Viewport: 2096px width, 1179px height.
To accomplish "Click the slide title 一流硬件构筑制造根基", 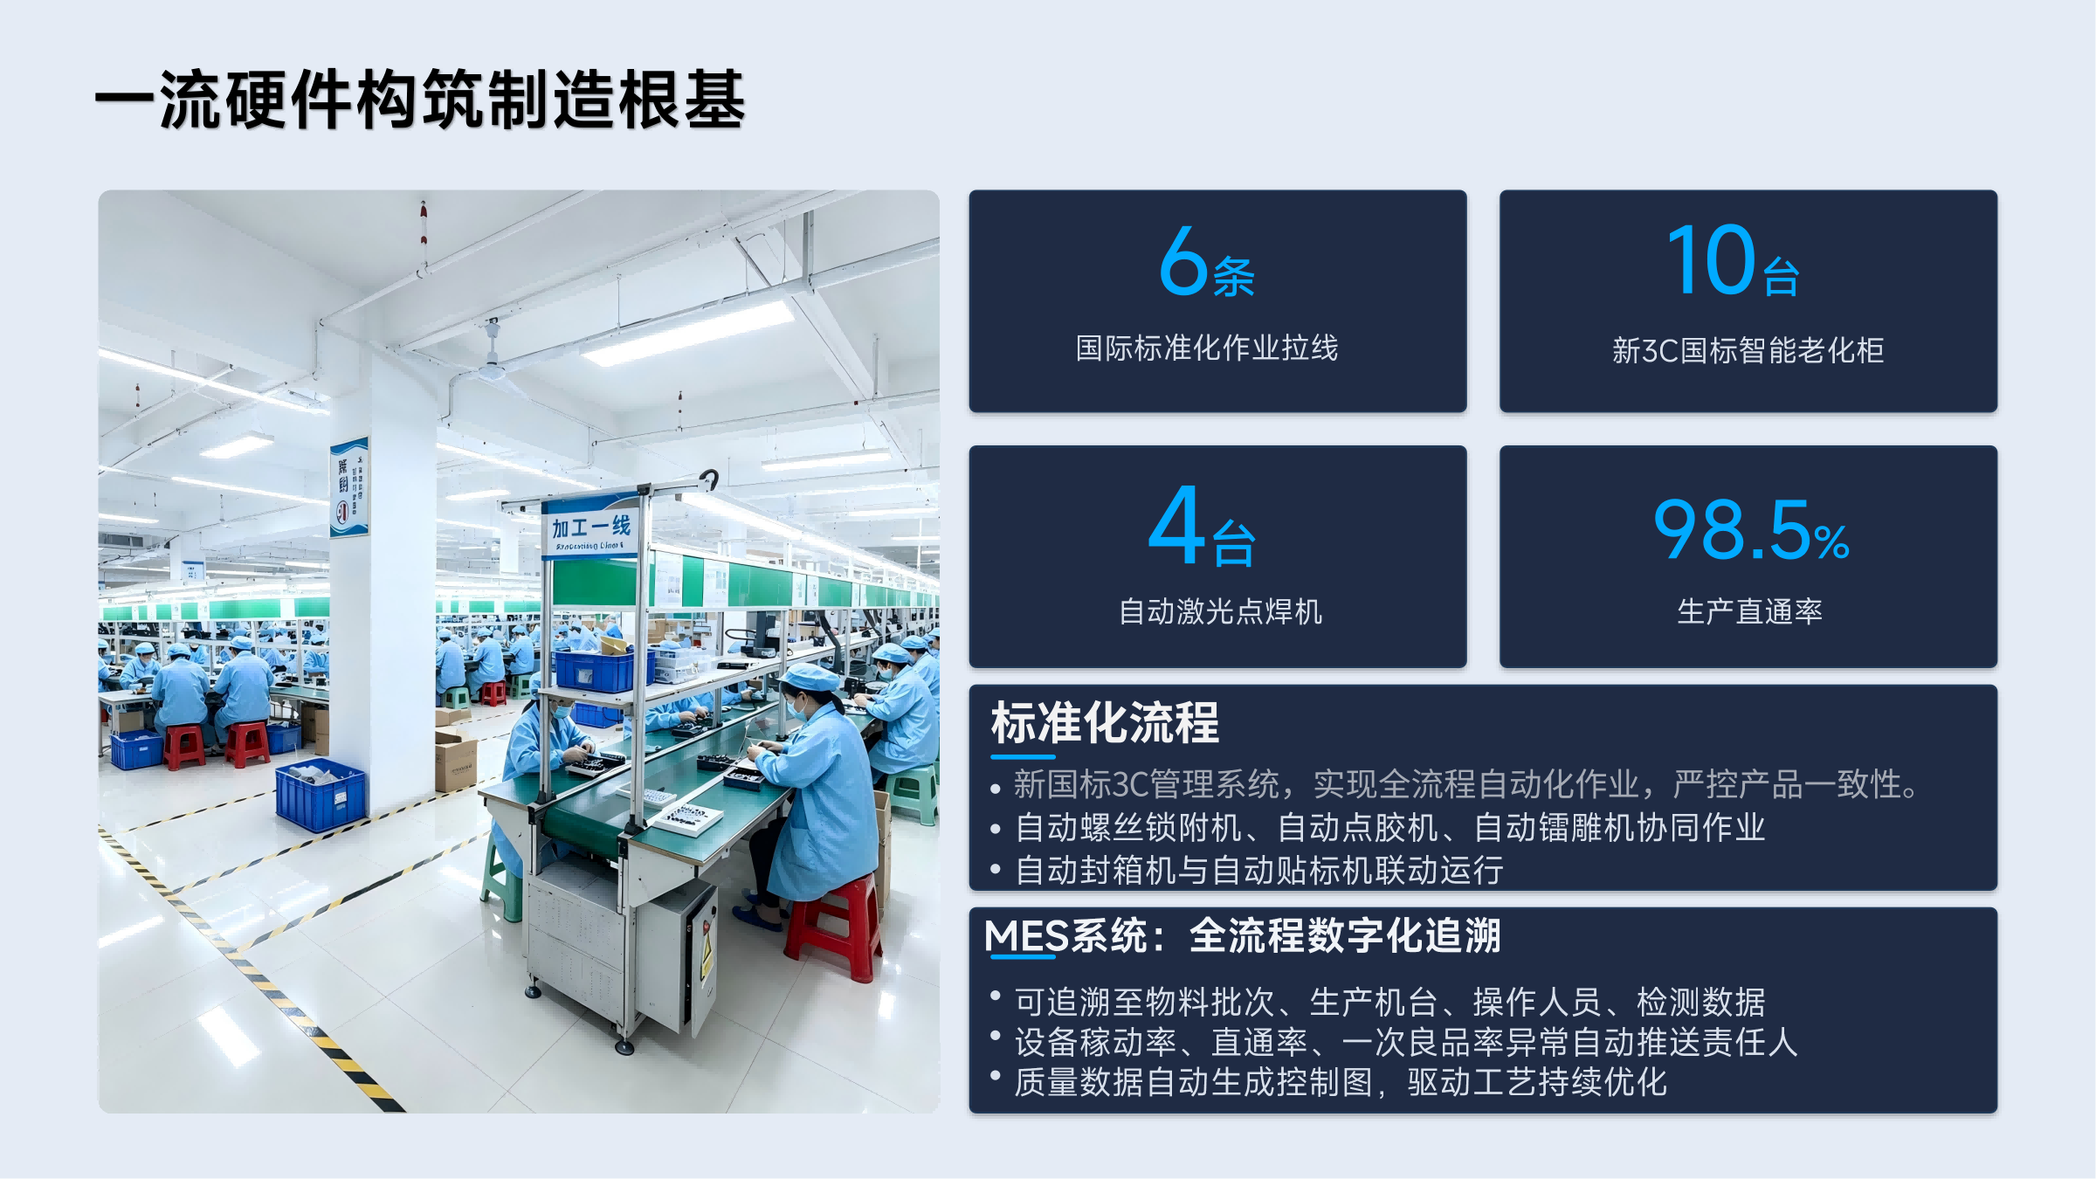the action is [x=420, y=100].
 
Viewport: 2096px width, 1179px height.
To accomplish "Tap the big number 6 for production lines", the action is [x=1183, y=260].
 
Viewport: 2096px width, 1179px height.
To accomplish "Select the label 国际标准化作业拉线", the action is [x=1206, y=348].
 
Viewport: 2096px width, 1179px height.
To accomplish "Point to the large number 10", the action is [x=1710, y=259].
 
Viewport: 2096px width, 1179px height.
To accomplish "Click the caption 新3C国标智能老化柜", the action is [x=1748, y=350].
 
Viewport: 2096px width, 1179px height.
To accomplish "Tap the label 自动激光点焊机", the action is [x=1220, y=611].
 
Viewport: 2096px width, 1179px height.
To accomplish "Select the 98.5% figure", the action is [x=1750, y=529].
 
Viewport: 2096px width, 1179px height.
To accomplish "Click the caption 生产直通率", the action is [x=1749, y=611].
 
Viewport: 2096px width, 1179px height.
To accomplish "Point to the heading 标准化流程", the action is [x=1105, y=722].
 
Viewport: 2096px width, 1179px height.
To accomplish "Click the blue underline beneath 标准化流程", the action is [x=1023, y=756].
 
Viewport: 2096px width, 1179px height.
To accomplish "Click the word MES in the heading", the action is [x=1026, y=936].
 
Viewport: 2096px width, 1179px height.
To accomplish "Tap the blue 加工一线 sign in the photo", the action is [x=591, y=527].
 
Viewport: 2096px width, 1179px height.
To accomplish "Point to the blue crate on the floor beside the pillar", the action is [x=321, y=794].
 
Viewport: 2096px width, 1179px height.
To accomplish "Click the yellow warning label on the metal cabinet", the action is [x=706, y=956].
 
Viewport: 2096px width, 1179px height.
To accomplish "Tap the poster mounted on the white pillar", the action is [x=349, y=487].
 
